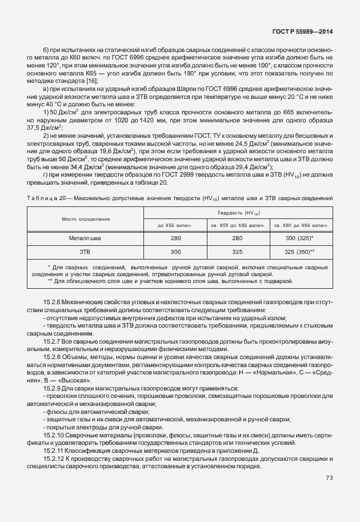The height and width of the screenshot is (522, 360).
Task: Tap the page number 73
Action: pos(329,477)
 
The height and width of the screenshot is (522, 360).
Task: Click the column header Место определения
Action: pos(86,218)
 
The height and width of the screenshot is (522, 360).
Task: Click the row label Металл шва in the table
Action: pos(86,237)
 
